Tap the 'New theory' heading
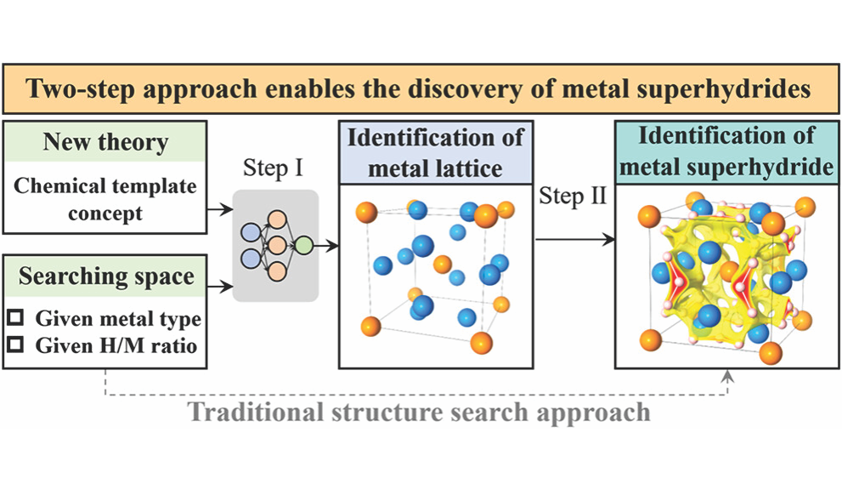click(105, 142)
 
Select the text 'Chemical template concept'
click(105, 199)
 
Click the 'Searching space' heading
click(106, 276)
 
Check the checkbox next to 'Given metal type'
click(16, 319)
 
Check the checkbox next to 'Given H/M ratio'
click(16, 345)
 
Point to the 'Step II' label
click(573, 197)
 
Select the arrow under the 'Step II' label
click(574, 241)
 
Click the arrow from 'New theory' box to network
click(220, 211)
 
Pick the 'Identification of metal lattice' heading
click(436, 151)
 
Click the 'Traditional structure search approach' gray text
click(419, 413)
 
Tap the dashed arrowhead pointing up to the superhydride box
click(726, 375)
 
